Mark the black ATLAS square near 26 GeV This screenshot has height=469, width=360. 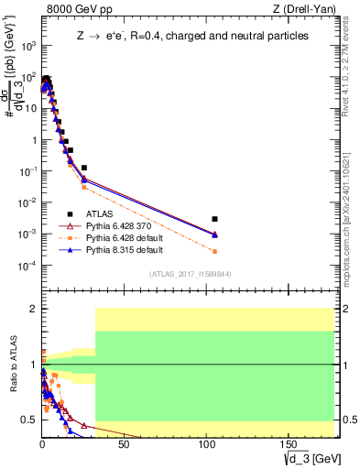84,168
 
